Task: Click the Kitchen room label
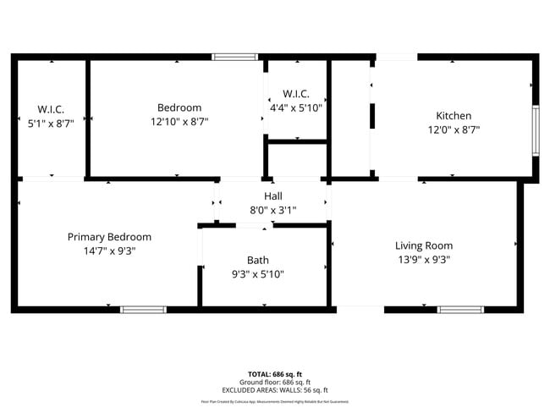pyautogui.click(x=454, y=116)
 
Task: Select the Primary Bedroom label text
pyautogui.click(x=109, y=237)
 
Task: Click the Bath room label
pyautogui.click(x=258, y=260)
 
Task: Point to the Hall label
pyautogui.click(x=273, y=195)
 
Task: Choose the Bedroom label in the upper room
pyautogui.click(x=179, y=107)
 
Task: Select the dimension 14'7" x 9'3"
pyautogui.click(x=109, y=251)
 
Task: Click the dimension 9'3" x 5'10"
pyautogui.click(x=258, y=274)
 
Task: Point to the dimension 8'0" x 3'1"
pyautogui.click(x=273, y=210)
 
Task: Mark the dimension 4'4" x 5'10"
pyautogui.click(x=296, y=107)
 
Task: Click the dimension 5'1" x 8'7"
pyautogui.click(x=51, y=123)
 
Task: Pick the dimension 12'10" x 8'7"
pyautogui.click(x=179, y=122)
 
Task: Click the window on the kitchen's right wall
pyautogui.click(x=535, y=130)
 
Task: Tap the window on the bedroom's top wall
pyautogui.click(x=234, y=57)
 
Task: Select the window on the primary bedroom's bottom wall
pyautogui.click(x=143, y=310)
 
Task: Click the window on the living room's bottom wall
pyautogui.click(x=460, y=310)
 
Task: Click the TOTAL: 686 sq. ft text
pyautogui.click(x=275, y=373)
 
